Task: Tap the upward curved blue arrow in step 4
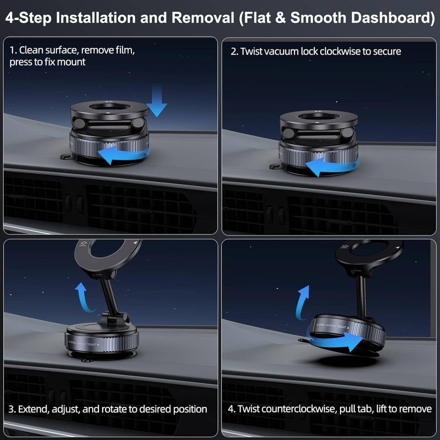coord(302,302)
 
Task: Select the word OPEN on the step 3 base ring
coord(73,343)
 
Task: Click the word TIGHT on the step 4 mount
coord(341,327)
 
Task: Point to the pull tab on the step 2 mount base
coord(275,166)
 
